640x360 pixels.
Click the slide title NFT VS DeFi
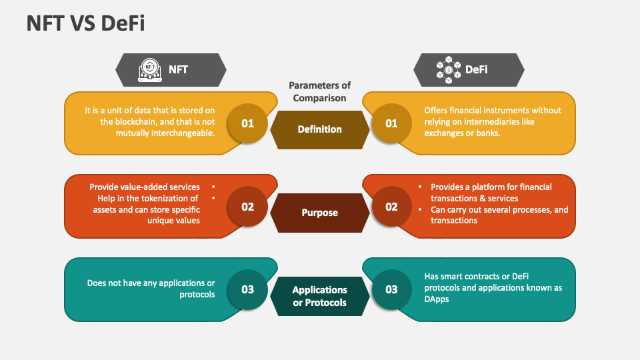(86, 23)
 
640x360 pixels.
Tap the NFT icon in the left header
(150, 69)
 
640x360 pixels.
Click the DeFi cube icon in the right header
(449, 69)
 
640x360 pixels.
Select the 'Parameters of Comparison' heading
(319, 91)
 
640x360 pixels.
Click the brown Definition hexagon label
(319, 129)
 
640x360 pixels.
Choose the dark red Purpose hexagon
(319, 213)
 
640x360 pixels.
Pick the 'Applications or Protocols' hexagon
(319, 296)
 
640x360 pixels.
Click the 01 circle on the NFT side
(248, 123)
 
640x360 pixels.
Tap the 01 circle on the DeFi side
(391, 123)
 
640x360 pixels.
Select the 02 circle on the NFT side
(248, 207)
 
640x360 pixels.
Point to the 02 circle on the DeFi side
(391, 207)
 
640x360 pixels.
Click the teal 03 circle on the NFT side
(248, 289)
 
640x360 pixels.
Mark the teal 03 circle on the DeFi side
(391, 289)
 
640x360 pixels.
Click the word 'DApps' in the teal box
(437, 299)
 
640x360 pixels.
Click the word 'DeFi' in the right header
(476, 69)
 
